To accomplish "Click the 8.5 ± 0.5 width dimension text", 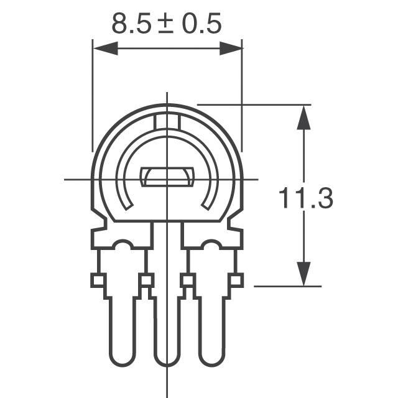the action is point(167,24).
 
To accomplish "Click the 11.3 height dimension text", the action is point(305,198).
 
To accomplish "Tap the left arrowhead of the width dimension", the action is point(105,48).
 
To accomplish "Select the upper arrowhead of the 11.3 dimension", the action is point(303,118).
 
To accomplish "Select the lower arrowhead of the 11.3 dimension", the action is point(303,274).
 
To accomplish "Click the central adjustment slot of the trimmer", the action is point(167,177).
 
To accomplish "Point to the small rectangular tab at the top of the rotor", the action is point(167,122).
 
